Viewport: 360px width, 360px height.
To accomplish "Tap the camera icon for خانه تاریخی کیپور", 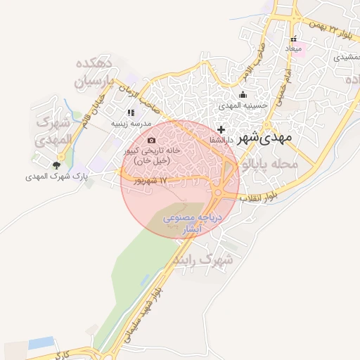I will [x=152, y=141].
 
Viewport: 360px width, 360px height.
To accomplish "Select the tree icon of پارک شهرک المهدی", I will [x=56, y=165].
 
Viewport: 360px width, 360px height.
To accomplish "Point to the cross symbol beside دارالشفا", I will [x=221, y=129].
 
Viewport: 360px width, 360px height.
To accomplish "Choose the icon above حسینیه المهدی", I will [x=243, y=95].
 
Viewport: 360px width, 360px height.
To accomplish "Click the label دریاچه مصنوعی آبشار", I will [x=192, y=224].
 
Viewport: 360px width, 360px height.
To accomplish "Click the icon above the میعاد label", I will [x=293, y=39].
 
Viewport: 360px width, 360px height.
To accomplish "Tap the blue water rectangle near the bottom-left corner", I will [x=41, y=343].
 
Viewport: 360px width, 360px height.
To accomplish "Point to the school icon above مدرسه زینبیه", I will [x=131, y=112].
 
